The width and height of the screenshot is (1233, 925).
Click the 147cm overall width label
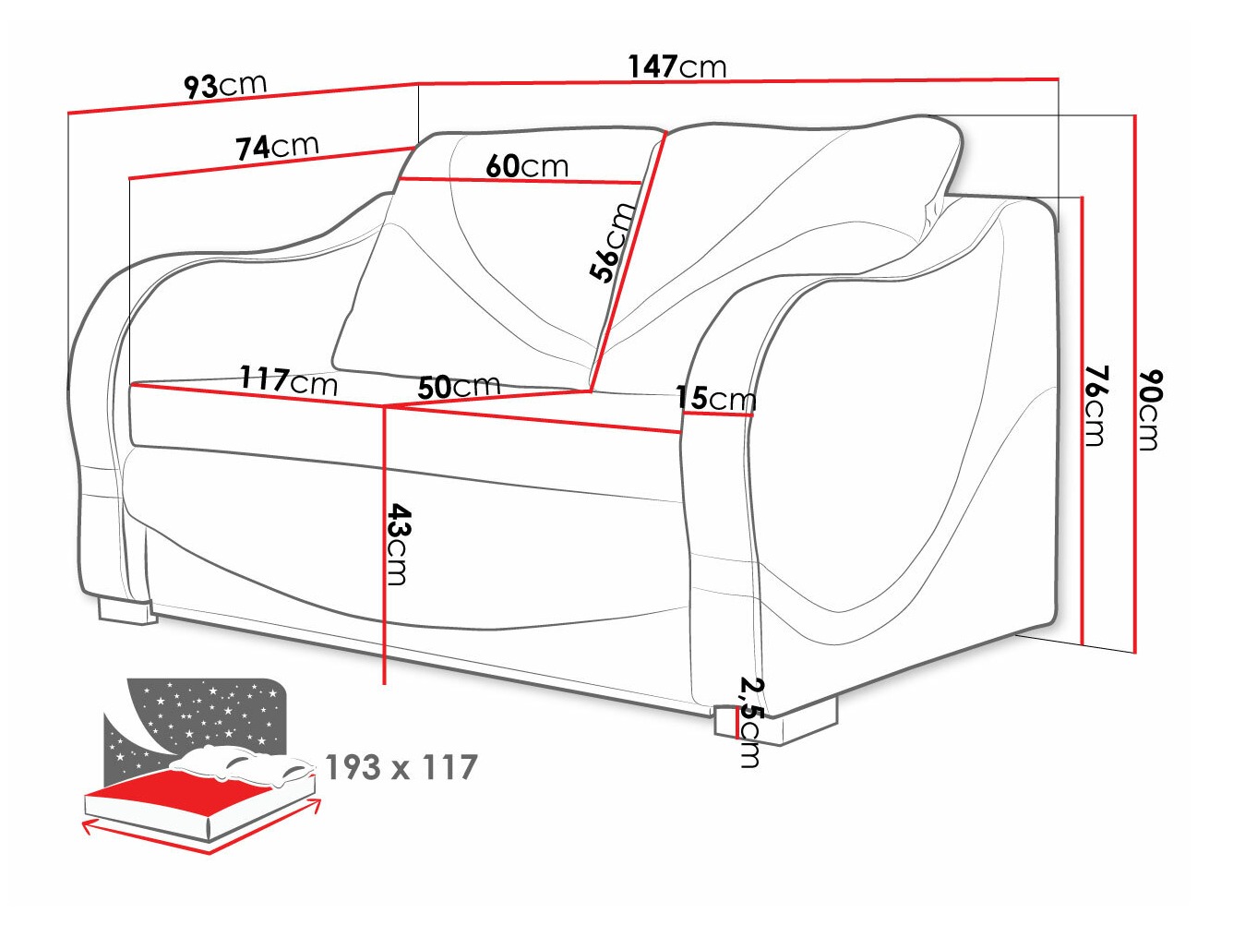[x=677, y=66]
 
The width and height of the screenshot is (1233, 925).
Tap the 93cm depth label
[x=225, y=85]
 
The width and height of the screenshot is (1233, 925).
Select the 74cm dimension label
[x=277, y=146]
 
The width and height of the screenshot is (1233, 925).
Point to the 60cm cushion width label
[x=527, y=166]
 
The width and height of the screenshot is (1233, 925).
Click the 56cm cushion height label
[x=613, y=242]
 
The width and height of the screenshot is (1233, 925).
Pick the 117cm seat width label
[x=289, y=379]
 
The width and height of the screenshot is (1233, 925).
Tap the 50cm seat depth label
[x=459, y=387]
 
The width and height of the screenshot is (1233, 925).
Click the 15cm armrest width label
[x=715, y=398]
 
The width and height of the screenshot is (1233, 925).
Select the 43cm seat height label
[x=398, y=544]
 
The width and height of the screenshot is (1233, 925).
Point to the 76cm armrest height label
[x=1095, y=405]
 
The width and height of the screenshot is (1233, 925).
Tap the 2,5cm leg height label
[x=750, y=722]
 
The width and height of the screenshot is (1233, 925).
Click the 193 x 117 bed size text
[x=401, y=767]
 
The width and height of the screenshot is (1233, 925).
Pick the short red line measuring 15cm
[x=717, y=414]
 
